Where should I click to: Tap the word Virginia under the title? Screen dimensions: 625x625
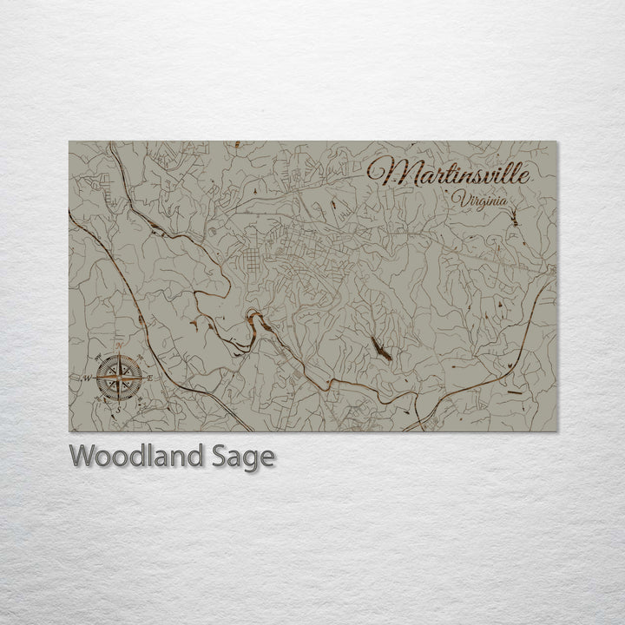479,201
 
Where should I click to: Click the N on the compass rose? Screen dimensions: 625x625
118,347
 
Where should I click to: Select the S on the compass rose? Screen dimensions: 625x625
120,408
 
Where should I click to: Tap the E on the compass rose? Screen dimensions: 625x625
149,378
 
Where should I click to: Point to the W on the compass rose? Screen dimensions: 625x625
89,378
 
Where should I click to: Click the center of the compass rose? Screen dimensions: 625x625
119,378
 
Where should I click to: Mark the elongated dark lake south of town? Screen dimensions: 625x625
380,349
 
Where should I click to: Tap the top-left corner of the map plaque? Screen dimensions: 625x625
69,141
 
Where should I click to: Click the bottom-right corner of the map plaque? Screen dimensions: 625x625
558,431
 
